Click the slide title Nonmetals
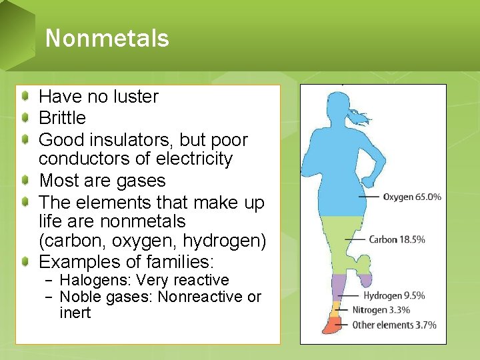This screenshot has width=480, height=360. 107,38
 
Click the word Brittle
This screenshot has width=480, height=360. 62,118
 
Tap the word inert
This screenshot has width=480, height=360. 75,313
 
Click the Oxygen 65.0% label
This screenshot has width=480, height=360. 412,197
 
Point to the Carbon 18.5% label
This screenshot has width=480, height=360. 397,239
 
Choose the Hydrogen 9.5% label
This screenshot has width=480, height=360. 394,295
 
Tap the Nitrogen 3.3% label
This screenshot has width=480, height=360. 381,310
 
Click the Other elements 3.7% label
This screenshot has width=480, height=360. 395,325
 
